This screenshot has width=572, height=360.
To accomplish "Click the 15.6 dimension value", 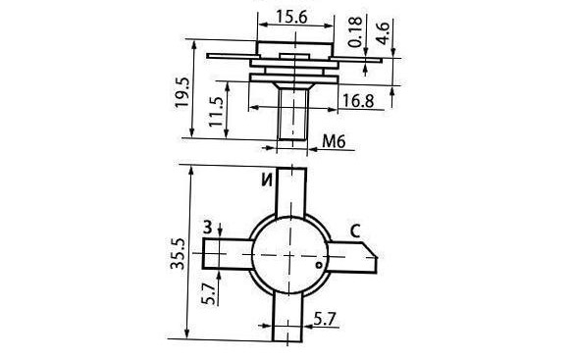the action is tap(291, 17).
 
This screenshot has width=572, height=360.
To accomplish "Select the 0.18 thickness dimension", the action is tap(356, 31).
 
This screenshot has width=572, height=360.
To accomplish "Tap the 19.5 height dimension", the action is tap(182, 92).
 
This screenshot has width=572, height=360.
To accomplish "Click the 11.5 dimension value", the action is tap(215, 112).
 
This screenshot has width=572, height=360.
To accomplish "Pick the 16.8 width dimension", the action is tap(358, 100).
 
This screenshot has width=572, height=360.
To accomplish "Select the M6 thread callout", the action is tap(334, 141).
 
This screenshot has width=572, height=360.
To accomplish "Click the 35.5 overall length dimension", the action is tap(178, 254).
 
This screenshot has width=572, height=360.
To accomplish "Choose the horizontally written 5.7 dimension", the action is tap(325, 319).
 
